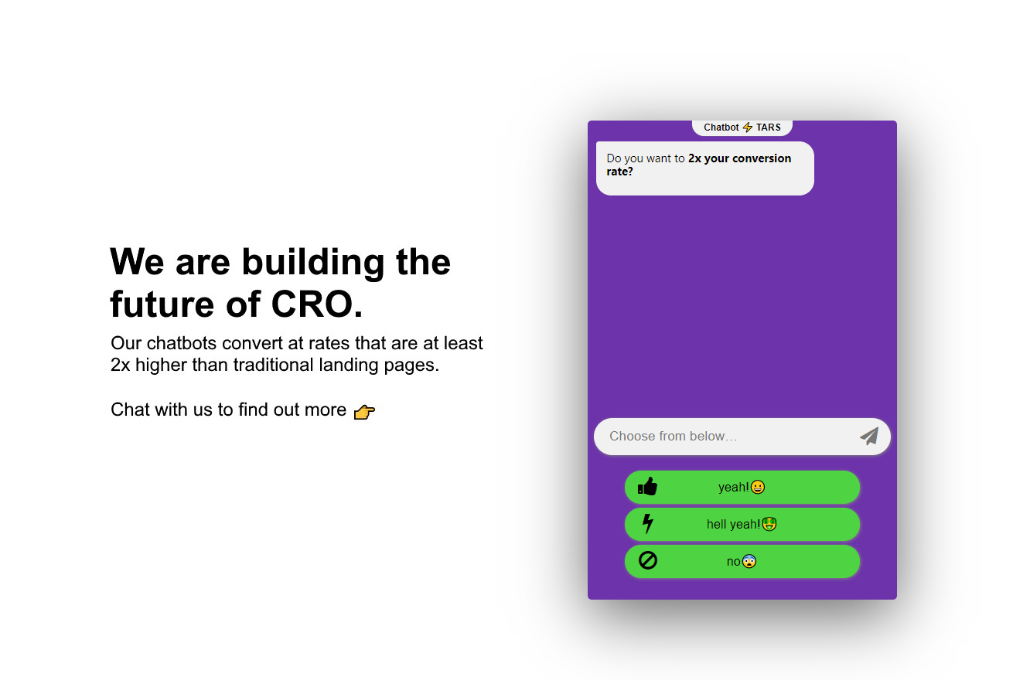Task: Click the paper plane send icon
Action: click(868, 436)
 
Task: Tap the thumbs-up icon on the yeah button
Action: click(647, 486)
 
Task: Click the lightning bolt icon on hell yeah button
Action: click(647, 523)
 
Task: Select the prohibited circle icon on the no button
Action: click(647, 560)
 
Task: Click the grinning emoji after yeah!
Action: click(757, 487)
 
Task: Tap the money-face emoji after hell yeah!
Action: click(769, 524)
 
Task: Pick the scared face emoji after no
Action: click(749, 562)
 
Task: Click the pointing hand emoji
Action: click(364, 412)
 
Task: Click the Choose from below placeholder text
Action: click(674, 436)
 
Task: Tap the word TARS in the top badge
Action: click(769, 127)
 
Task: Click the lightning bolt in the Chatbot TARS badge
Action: click(748, 127)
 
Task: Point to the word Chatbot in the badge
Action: click(721, 127)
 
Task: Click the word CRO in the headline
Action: click(312, 304)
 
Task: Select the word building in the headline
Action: click(313, 263)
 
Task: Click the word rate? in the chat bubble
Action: click(620, 172)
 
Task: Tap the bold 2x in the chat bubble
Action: click(694, 158)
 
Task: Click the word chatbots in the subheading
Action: click(181, 343)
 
